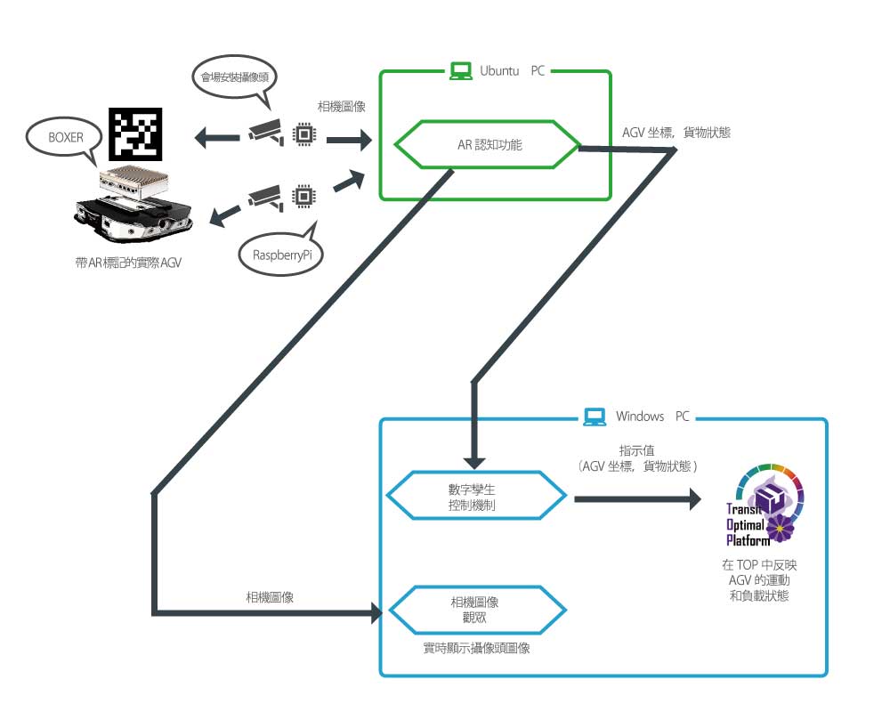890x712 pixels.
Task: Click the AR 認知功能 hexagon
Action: [x=488, y=142]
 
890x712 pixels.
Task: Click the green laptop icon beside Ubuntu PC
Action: [x=460, y=70]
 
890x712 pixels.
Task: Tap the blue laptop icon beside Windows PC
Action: [x=595, y=417]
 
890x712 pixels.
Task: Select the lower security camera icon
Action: [x=265, y=195]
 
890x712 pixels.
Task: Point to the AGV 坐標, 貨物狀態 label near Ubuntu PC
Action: [x=676, y=132]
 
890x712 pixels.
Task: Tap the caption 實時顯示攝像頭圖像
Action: [x=477, y=649]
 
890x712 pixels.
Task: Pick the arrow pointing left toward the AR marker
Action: [x=213, y=137]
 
